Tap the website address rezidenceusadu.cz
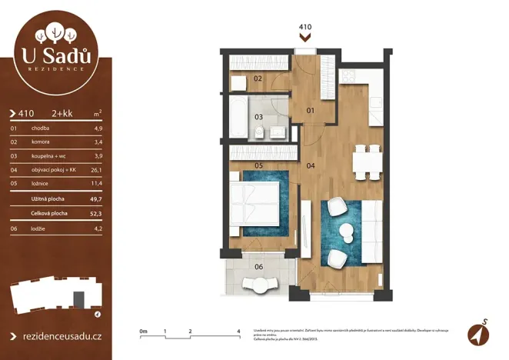pos(59,336)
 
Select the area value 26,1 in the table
pos(97,170)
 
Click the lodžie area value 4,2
pos(97,228)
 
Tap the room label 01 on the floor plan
pos(311,111)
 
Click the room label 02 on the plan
pos(258,78)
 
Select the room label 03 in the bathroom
pos(259,117)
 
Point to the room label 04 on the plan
pos(311,165)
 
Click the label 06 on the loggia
pos(258,267)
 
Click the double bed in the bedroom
pos(256,205)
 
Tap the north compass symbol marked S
pos(477,332)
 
